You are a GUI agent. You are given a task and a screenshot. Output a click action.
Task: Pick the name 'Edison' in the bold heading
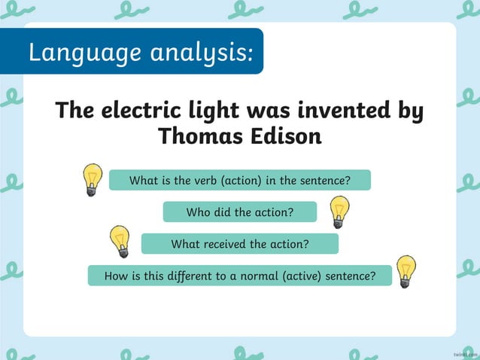[286, 136]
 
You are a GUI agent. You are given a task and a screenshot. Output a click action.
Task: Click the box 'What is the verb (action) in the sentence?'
[240, 181]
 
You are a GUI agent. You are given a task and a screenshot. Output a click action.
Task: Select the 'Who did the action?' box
[240, 212]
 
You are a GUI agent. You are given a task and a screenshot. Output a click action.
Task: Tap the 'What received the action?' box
[240, 244]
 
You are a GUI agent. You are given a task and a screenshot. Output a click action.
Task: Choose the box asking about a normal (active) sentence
[240, 276]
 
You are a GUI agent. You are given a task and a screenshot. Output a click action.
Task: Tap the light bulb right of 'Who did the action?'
[339, 211]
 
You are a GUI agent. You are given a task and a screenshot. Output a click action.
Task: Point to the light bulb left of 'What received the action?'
[119, 241]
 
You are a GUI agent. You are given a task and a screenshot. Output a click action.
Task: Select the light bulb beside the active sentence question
[406, 271]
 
